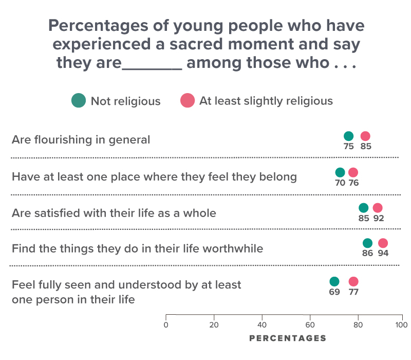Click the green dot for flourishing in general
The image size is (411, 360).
tap(348, 136)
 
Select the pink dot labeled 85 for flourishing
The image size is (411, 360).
tap(365, 136)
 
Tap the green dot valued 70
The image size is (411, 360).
tap(340, 172)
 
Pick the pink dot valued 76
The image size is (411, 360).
tap(353, 172)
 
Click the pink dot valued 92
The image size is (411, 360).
tap(378, 208)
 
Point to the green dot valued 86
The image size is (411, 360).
tap(367, 243)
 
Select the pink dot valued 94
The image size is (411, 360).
tap(383, 243)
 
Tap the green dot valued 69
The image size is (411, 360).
tap(334, 281)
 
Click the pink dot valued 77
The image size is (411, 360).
tap(353, 281)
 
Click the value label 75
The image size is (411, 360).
tap(349, 146)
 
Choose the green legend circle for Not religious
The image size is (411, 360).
tap(78, 101)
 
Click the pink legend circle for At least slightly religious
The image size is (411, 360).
tap(187, 101)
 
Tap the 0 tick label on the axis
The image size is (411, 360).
tap(165, 325)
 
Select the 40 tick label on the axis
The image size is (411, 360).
tap(262, 325)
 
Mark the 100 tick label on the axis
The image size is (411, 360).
tap(402, 325)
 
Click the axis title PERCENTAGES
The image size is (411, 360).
tap(287, 338)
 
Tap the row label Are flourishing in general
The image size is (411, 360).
tap(81, 139)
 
